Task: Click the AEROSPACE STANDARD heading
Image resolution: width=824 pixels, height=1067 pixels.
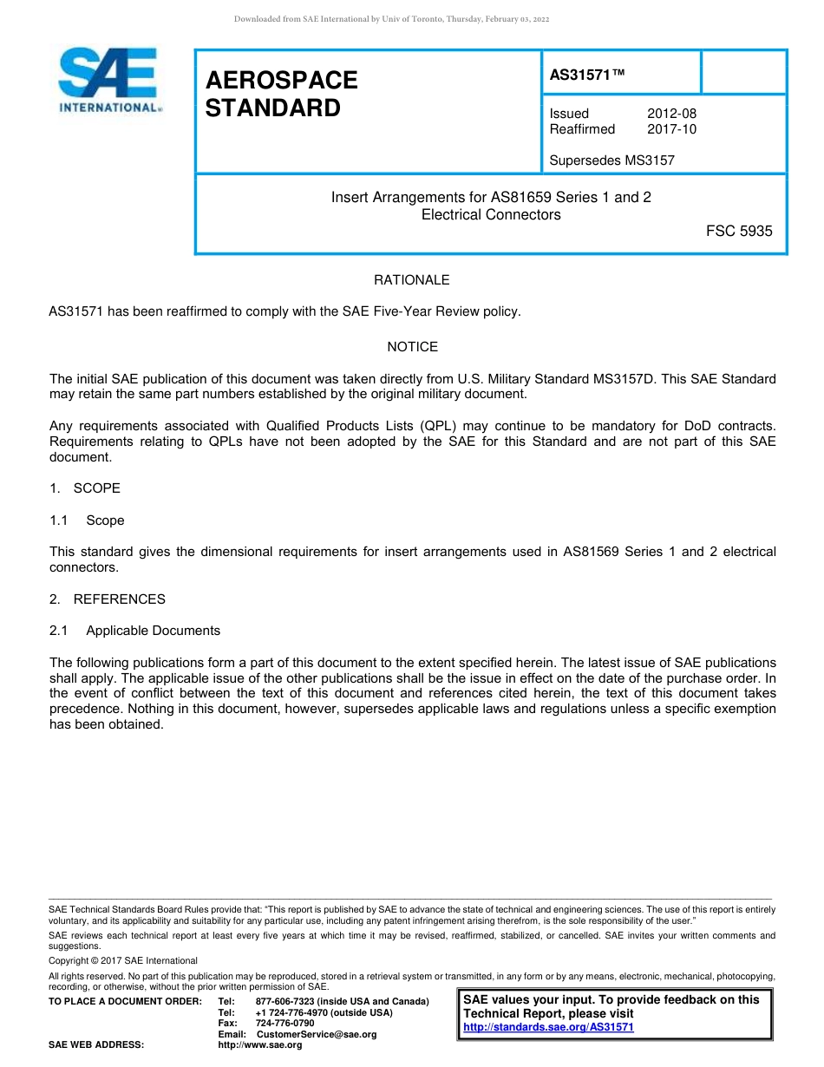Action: click(x=281, y=94)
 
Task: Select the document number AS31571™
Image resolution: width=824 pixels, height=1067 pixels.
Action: click(x=586, y=75)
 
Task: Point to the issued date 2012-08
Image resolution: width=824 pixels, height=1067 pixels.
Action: click(x=671, y=114)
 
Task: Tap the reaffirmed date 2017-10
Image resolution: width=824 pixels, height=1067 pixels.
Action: click(x=671, y=129)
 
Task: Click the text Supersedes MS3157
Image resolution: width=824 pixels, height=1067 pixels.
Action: click(x=611, y=160)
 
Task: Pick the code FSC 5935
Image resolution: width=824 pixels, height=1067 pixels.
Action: click(x=739, y=231)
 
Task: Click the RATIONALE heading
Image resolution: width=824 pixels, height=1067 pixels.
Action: click(x=412, y=280)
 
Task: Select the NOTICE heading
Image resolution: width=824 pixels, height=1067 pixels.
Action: click(x=412, y=347)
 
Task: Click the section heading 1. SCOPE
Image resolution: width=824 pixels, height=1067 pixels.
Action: click(x=85, y=488)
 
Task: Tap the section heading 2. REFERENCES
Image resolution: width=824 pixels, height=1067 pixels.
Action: click(x=107, y=599)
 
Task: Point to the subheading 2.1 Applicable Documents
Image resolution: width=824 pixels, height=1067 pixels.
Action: click(x=135, y=631)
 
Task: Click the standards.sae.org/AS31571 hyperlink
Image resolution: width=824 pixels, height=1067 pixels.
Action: click(x=548, y=1027)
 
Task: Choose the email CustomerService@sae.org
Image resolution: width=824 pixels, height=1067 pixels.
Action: click(x=317, y=1034)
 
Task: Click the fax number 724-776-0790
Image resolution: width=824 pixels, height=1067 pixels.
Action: click(x=285, y=1024)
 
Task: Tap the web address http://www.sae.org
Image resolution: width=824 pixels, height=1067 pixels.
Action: click(x=260, y=1045)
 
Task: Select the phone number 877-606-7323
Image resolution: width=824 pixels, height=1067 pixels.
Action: click(x=287, y=1002)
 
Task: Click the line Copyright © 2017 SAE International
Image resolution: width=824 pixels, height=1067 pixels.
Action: click(x=123, y=960)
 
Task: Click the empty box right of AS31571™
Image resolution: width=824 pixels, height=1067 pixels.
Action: click(x=743, y=72)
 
